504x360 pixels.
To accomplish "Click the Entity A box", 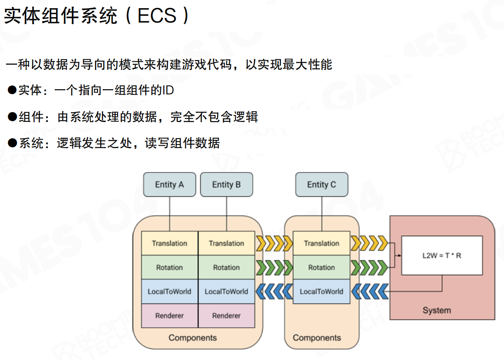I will tap(169, 184).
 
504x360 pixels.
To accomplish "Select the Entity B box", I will tap(226, 184).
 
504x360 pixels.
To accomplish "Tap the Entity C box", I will tap(321, 184).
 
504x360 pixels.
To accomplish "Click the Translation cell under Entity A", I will tap(170, 243).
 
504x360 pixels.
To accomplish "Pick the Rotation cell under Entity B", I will tap(226, 268).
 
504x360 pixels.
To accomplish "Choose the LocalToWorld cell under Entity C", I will tap(321, 292).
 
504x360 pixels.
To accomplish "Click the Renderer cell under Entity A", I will tap(170, 316).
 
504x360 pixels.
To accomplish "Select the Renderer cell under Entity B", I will tap(226, 316).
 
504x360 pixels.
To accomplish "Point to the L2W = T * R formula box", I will tap(442, 255).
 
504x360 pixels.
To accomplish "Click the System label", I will tap(436, 310).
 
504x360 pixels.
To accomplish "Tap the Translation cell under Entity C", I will tap(321, 243).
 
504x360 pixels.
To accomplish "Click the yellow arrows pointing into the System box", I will tap(369, 243).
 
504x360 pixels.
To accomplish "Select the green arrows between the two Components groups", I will tap(274, 268).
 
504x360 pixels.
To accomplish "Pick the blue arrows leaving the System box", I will tap(369, 292).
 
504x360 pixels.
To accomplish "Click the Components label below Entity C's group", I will tap(317, 338).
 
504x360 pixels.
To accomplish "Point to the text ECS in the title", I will tap(157, 16).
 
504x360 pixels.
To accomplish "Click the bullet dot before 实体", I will tap(12, 90).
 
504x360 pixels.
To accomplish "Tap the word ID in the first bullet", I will tap(168, 90).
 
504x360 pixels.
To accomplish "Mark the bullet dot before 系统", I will tap(12, 143).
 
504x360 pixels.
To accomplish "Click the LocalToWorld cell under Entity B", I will tap(226, 292).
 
